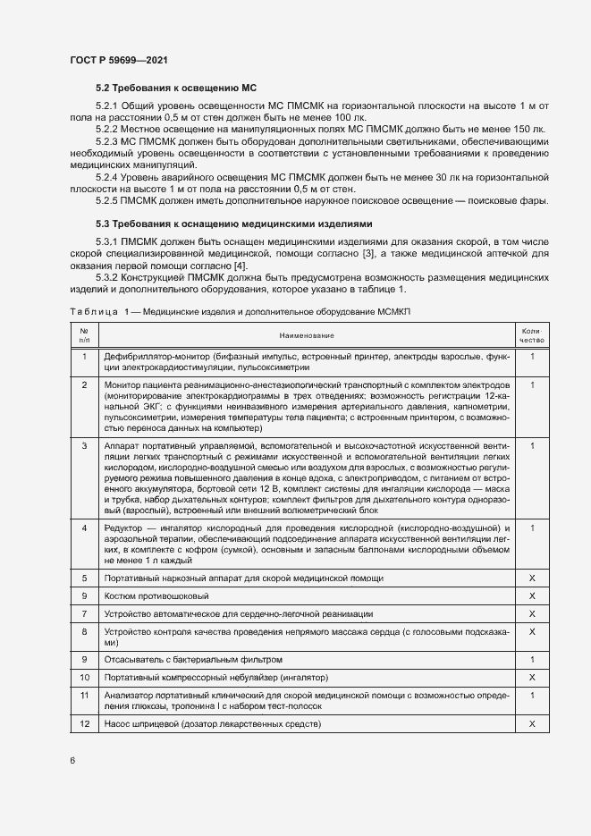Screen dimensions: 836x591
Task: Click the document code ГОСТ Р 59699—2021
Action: click(x=118, y=60)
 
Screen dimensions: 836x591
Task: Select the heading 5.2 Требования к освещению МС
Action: click(x=176, y=89)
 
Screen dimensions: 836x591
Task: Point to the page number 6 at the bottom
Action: click(x=72, y=760)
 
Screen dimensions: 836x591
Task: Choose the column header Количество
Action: click(x=532, y=335)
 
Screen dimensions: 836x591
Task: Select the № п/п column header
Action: click(x=84, y=335)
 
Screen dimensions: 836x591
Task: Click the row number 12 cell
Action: click(x=84, y=722)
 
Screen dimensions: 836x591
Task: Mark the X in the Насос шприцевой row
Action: click(x=532, y=722)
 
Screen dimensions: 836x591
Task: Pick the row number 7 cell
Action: click(x=84, y=613)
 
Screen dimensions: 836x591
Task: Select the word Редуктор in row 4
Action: click(x=123, y=528)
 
